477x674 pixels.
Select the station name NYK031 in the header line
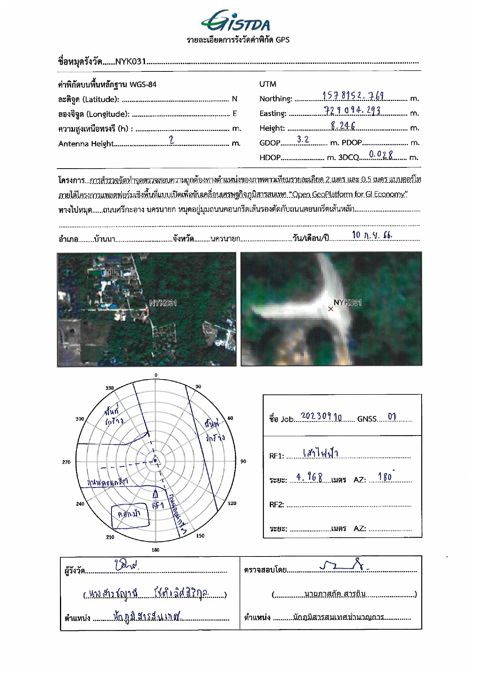click(x=130, y=61)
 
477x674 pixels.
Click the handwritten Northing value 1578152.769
click(x=353, y=96)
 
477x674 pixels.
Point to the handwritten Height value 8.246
click(x=343, y=126)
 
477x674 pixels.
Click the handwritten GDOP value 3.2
click(x=303, y=140)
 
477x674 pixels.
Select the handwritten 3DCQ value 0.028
click(x=381, y=155)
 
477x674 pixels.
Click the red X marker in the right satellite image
click(x=331, y=309)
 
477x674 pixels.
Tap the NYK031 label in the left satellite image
click(x=163, y=303)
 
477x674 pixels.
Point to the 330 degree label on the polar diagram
click(x=110, y=388)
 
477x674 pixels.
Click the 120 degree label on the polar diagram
click(x=232, y=503)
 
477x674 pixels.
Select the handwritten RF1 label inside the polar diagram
click(x=158, y=505)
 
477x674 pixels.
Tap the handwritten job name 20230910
click(x=321, y=417)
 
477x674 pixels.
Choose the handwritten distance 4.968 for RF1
click(x=309, y=477)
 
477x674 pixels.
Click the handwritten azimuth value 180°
click(x=385, y=477)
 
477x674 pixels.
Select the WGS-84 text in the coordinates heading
click(x=143, y=84)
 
